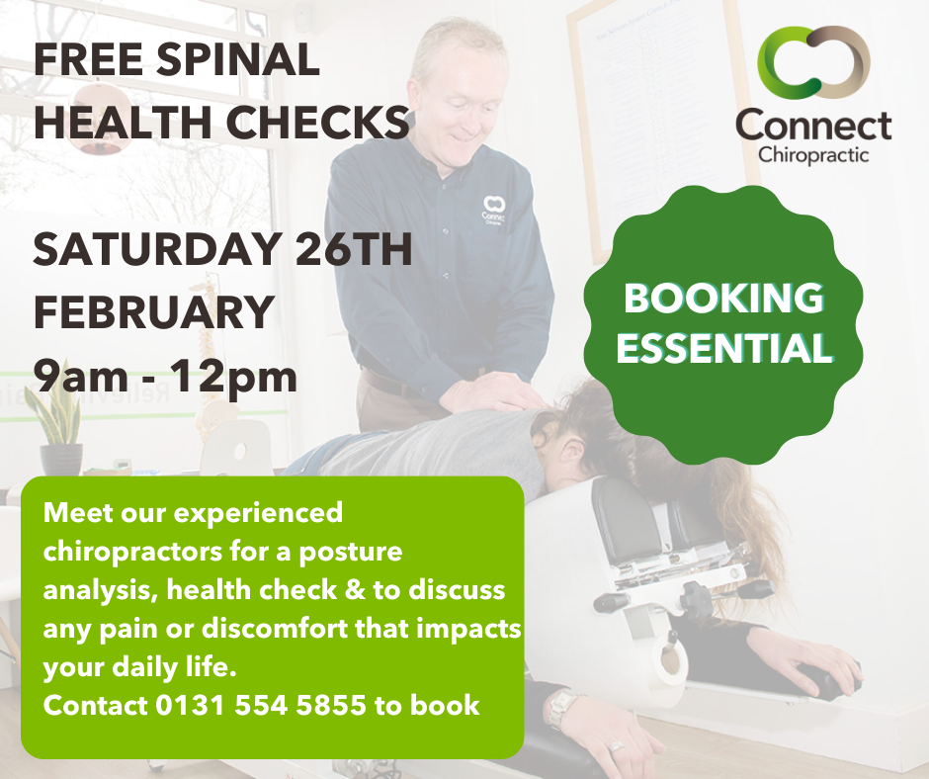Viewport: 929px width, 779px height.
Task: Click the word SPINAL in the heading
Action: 239,59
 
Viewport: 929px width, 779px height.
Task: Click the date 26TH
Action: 354,249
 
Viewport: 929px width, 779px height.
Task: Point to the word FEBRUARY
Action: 153,311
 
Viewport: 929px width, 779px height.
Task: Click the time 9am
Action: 81,377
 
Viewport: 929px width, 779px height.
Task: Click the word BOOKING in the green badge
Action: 723,298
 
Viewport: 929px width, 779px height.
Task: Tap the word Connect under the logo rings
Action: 813,125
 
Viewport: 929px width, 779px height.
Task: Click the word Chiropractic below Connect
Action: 813,155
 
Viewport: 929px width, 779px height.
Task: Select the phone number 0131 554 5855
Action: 261,706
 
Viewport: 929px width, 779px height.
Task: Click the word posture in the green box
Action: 351,553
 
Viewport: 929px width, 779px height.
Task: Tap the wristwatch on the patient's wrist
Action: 562,708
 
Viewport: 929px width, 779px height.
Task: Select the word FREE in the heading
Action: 88,59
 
